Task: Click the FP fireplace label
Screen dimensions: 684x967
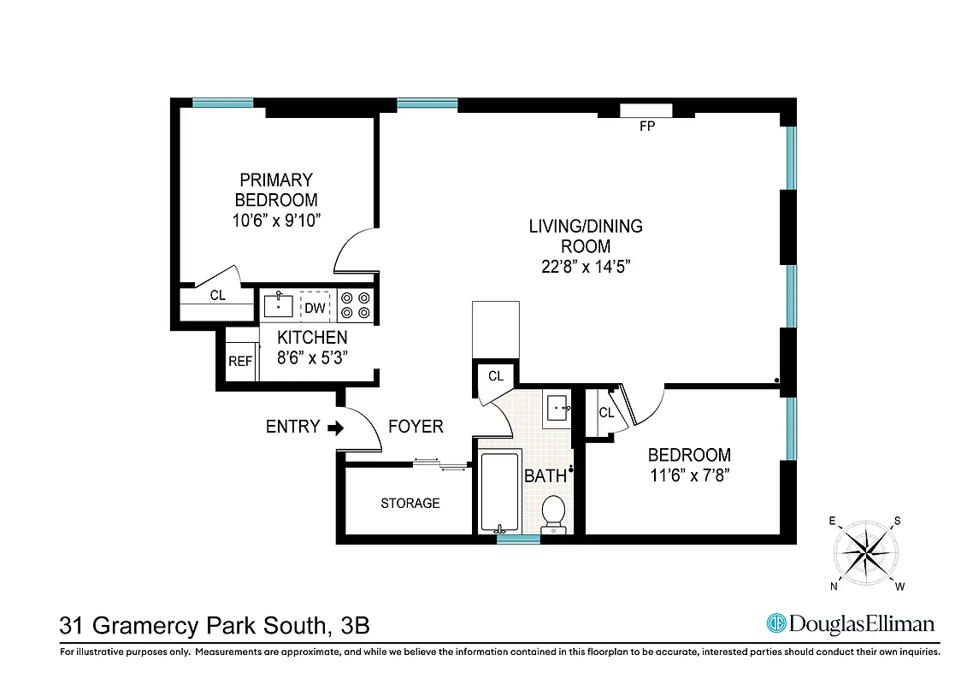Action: point(646,127)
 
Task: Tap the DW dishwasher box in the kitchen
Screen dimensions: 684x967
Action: point(315,307)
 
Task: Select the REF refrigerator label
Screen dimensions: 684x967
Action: point(240,362)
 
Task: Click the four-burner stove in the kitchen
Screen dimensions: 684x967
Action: point(356,306)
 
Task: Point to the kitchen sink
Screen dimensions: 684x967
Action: point(279,304)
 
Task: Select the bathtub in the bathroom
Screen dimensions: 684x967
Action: point(498,493)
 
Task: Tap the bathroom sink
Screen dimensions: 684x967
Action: point(559,408)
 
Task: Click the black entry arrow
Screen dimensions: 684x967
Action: point(336,427)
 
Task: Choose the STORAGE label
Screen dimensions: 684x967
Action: point(410,504)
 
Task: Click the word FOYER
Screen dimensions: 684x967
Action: point(416,427)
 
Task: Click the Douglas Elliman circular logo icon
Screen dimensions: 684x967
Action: point(776,624)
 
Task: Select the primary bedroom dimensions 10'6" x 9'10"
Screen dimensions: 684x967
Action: point(275,221)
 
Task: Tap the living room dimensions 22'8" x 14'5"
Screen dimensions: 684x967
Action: point(586,266)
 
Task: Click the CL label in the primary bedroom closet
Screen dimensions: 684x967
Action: point(218,296)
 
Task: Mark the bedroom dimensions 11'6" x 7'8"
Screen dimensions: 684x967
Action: point(689,475)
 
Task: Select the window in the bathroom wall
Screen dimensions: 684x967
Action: point(518,540)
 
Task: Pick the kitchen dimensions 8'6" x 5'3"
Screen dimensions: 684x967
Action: point(312,359)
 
